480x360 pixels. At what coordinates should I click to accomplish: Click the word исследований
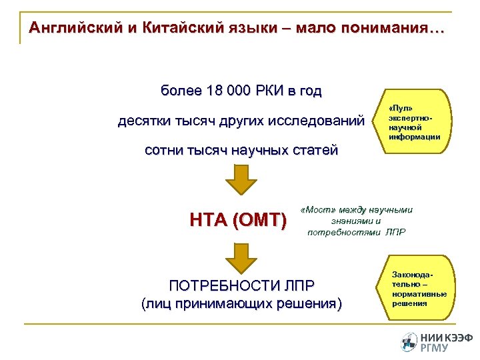tap(316, 121)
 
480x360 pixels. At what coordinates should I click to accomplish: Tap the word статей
tap(313, 151)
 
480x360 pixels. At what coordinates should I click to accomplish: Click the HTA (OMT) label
tap(238, 219)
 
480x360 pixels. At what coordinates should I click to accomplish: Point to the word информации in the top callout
tap(414, 136)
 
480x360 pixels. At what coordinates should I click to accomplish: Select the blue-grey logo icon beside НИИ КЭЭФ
tap(409, 341)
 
